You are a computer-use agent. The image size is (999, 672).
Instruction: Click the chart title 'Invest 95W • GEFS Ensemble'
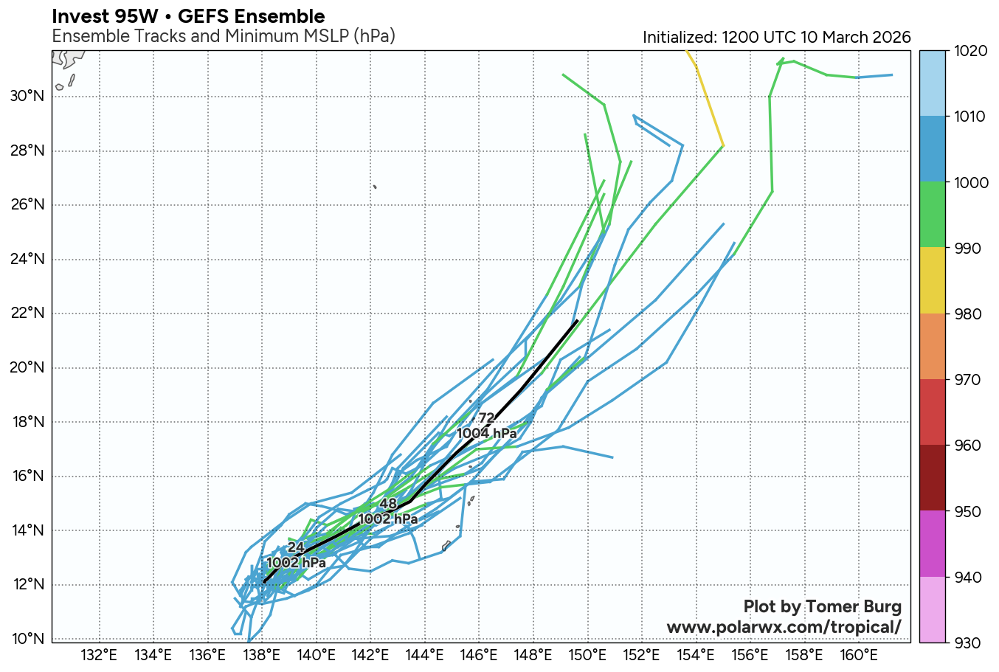coord(188,16)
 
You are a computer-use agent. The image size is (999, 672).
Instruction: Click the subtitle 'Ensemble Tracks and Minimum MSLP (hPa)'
coord(224,36)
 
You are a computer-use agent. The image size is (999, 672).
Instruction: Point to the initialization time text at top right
coord(776,38)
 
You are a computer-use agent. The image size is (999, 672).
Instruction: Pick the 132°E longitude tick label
coord(99,654)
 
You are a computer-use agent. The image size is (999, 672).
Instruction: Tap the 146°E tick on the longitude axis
coord(479,654)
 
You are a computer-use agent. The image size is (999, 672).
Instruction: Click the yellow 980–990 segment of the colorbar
coord(938,281)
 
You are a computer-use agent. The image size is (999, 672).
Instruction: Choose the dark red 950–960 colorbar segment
coord(938,478)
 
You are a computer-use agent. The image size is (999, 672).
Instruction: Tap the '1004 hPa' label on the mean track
coord(487,434)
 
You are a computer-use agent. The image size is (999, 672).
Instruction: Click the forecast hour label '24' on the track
coord(296,547)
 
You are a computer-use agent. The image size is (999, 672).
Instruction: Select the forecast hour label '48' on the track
coord(388,505)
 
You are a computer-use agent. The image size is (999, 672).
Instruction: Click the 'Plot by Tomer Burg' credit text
coord(822,607)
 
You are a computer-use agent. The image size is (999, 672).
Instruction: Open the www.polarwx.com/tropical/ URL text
coord(784,627)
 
